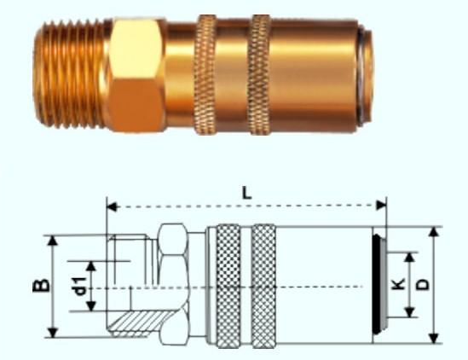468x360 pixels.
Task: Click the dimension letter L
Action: click(x=246, y=195)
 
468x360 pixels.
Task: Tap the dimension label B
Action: click(x=41, y=286)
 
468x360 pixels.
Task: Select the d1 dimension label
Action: click(x=80, y=286)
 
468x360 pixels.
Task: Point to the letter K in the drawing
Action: click(x=398, y=284)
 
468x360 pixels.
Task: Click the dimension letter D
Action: click(x=423, y=285)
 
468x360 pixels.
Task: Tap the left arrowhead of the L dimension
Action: click(x=113, y=206)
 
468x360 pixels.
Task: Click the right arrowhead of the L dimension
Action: click(x=381, y=206)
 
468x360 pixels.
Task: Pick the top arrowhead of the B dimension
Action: click(x=53, y=241)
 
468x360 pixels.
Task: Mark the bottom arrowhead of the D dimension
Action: click(x=434, y=338)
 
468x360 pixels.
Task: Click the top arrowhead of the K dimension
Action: click(x=410, y=258)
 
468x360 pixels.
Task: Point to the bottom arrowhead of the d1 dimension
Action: click(x=91, y=306)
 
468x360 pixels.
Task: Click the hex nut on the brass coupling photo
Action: click(x=136, y=75)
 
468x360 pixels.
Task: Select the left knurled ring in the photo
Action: click(x=205, y=75)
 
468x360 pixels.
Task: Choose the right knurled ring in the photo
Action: click(x=259, y=75)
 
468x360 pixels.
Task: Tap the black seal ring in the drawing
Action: click(x=378, y=284)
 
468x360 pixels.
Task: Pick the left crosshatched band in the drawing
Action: click(x=228, y=286)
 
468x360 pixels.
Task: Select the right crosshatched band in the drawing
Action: click(x=264, y=286)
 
